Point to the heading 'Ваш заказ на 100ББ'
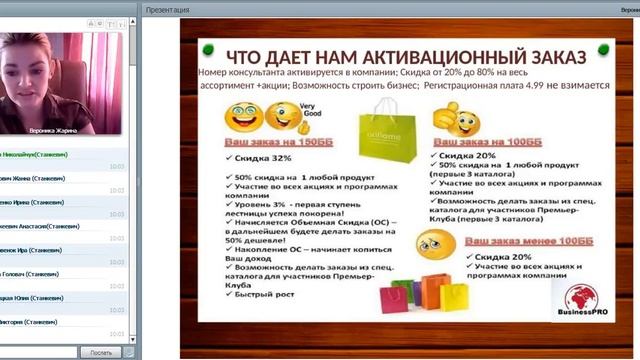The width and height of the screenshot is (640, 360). pyautogui.click(x=476, y=142)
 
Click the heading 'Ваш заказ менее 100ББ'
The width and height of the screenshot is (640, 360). pyautogui.click(x=510, y=242)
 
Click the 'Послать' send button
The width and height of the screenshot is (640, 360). pyautogui.click(x=100, y=352)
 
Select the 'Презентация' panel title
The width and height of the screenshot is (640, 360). pyautogui.click(x=167, y=8)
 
